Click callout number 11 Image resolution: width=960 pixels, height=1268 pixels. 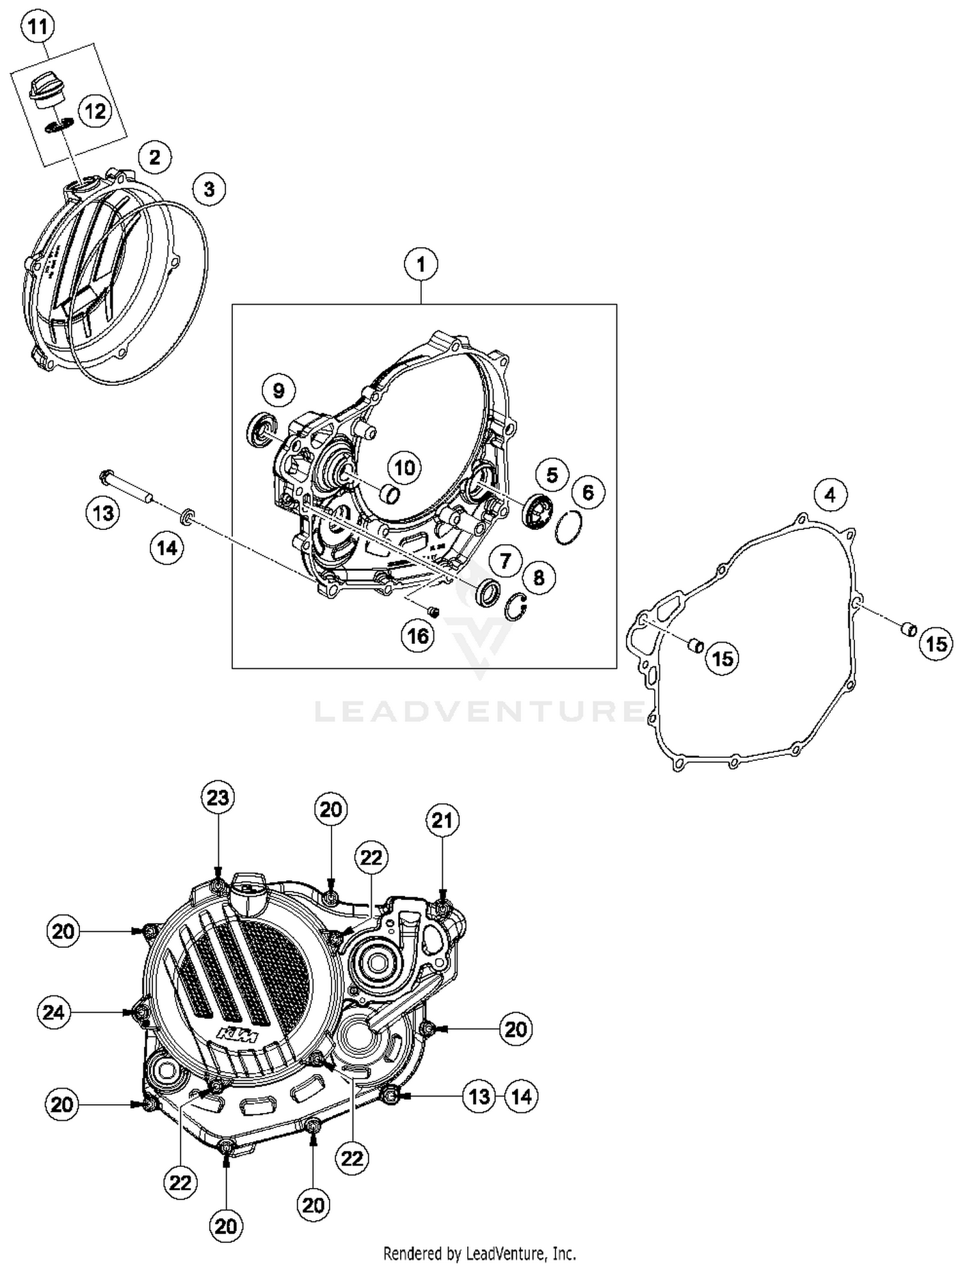[38, 26]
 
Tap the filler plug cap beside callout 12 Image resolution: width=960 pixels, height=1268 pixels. [47, 88]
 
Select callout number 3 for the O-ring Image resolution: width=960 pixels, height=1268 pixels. [209, 189]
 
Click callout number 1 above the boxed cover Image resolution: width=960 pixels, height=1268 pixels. [420, 264]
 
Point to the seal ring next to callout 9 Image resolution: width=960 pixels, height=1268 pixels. [260, 429]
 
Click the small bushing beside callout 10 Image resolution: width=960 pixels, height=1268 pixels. [389, 494]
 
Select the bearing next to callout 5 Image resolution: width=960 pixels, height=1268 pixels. [536, 510]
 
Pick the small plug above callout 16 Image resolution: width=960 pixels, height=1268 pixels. [433, 612]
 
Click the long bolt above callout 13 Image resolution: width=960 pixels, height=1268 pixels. [125, 487]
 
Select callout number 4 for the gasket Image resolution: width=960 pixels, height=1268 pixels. [830, 495]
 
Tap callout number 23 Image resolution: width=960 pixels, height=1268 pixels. [218, 798]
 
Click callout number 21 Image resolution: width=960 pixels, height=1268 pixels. [442, 821]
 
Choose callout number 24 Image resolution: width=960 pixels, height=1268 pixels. [54, 1012]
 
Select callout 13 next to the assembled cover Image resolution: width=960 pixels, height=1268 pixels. [479, 1096]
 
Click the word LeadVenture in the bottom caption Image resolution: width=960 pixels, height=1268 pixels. [505, 1253]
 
